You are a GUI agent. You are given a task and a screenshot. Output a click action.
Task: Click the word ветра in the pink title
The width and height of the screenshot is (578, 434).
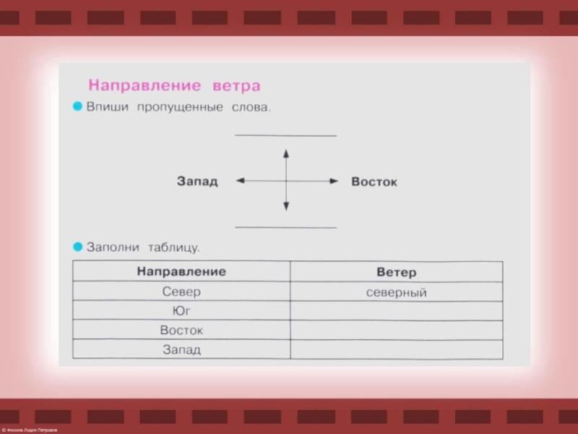(236, 85)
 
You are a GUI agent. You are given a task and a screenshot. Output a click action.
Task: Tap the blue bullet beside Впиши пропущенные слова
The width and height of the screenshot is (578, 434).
(78, 107)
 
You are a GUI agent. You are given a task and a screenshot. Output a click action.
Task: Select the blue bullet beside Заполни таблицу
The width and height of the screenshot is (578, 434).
(78, 246)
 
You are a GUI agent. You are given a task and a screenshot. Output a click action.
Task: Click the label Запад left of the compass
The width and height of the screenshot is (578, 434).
(197, 182)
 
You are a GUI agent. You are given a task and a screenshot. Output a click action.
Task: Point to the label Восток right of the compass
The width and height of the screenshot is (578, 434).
(374, 182)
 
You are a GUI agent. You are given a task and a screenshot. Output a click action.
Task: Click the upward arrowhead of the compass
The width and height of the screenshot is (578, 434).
(286, 153)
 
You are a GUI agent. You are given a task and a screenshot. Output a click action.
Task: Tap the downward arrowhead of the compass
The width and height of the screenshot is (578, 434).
(286, 207)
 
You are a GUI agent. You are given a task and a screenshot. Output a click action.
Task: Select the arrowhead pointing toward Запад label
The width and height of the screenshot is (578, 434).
(240, 181)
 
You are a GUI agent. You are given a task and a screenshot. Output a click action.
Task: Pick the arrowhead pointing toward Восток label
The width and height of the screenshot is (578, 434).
(333, 181)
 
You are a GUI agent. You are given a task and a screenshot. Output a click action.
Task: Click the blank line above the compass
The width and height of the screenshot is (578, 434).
(286, 135)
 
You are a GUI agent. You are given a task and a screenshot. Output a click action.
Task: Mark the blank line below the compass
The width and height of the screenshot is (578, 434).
(286, 227)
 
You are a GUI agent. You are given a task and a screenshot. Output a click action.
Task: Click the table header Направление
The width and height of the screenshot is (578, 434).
(181, 271)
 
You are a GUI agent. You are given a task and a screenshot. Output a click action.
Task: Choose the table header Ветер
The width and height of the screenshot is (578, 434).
(397, 273)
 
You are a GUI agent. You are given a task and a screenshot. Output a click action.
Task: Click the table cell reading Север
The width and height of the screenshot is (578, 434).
(181, 292)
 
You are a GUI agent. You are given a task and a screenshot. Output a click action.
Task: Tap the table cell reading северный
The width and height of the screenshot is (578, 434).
(397, 293)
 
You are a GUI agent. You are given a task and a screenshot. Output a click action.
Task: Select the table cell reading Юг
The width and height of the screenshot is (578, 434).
(181, 311)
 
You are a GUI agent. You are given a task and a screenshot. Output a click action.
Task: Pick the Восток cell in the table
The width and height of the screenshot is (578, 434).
(181, 331)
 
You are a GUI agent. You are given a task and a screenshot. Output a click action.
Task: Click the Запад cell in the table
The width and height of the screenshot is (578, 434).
(181, 350)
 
